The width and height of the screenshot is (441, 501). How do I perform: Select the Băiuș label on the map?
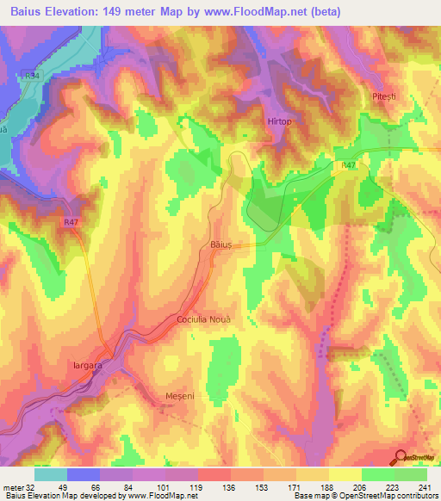coord(221,245)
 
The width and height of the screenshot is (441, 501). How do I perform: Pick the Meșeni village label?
coord(182,396)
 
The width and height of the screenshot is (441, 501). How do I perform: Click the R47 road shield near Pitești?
coord(348,164)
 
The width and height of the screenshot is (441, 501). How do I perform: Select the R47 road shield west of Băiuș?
coord(71,222)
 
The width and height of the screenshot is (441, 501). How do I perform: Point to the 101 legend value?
coord(165,488)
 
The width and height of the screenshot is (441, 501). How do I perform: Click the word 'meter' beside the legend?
coord(12,488)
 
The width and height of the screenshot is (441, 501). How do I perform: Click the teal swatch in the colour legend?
coord(51,474)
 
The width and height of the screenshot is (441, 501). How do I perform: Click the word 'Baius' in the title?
coord(30,12)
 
